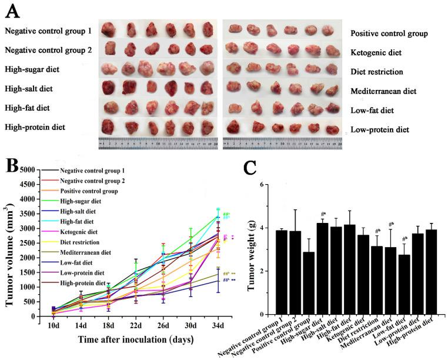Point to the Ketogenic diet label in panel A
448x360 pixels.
376,52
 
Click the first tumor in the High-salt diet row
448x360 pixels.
111,88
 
